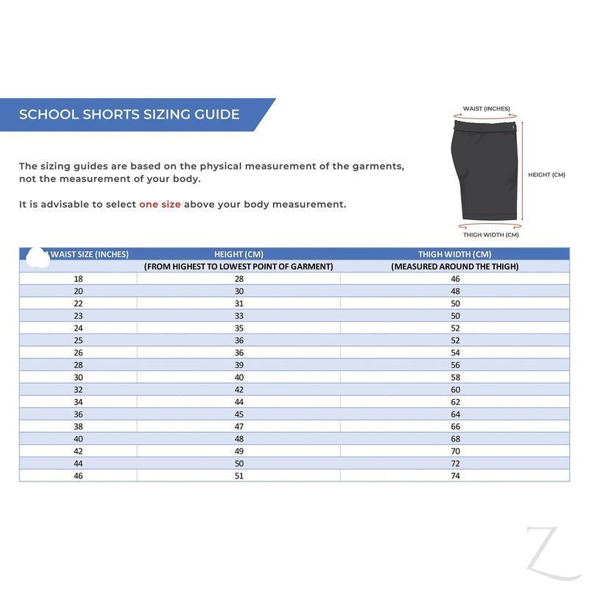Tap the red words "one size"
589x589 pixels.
tap(160, 205)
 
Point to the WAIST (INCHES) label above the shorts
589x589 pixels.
tap(486, 109)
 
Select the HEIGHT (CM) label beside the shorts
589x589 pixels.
tap(546, 175)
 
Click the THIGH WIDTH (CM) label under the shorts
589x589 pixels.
tap(490, 236)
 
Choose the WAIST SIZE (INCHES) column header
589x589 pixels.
tap(89, 254)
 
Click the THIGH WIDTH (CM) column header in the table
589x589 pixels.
tap(454, 254)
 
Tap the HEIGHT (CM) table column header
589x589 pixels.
tap(239, 254)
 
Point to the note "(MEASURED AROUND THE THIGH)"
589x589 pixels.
tap(454, 267)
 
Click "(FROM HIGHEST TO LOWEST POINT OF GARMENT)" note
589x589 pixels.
tap(239, 267)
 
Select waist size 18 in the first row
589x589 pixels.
tap(78, 279)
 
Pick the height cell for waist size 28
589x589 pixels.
tap(239, 365)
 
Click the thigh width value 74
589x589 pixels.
tap(455, 476)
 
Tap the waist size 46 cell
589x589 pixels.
tap(78, 476)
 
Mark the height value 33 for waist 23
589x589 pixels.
tap(239, 316)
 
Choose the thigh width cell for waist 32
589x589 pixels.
tap(455, 389)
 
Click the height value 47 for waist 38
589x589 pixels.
tap(239, 426)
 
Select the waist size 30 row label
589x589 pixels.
tap(78, 377)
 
